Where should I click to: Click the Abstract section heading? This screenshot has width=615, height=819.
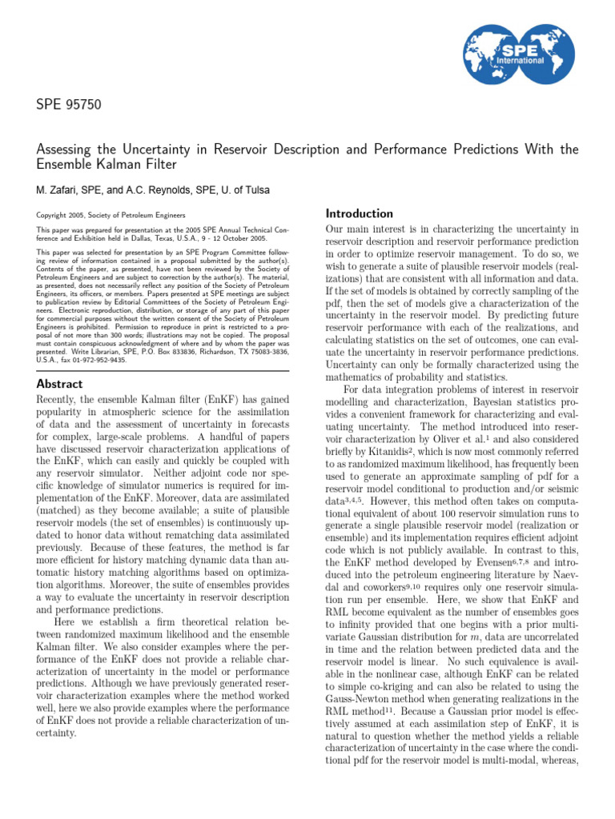60,384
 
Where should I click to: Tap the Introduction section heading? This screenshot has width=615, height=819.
360,214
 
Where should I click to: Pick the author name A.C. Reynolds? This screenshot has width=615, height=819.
157,190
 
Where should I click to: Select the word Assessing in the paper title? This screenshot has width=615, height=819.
67,150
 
